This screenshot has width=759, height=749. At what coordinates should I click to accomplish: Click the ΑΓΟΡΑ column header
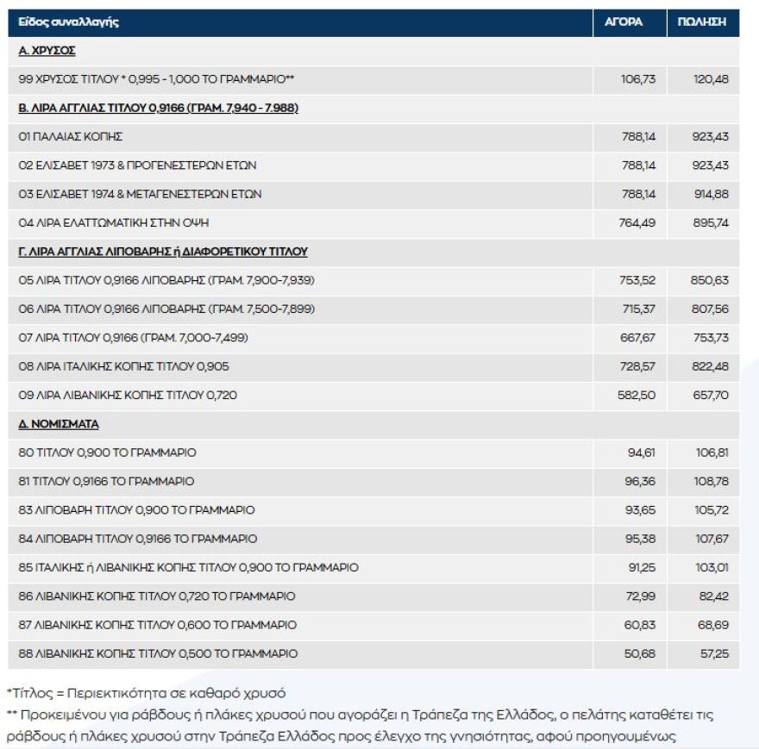click(630, 22)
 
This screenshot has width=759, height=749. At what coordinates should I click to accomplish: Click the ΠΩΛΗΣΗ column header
click(703, 22)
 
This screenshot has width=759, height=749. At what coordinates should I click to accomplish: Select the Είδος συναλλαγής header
click(69, 22)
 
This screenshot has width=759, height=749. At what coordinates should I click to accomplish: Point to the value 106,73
click(638, 79)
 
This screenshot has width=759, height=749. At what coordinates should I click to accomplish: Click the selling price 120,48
click(711, 79)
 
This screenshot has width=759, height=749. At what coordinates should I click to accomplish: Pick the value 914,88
click(711, 195)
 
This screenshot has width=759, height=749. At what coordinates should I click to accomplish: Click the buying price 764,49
click(638, 223)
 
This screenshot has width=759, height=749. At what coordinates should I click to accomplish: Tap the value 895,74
click(711, 223)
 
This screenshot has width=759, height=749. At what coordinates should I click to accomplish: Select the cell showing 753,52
click(638, 281)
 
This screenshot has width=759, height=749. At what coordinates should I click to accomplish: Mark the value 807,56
click(711, 309)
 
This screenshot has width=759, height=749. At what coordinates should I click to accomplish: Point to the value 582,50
click(638, 396)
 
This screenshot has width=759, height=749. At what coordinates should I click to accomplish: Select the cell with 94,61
click(641, 453)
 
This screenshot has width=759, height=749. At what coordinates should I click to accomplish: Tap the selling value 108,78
click(711, 481)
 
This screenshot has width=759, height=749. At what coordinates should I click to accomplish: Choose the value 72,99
click(641, 596)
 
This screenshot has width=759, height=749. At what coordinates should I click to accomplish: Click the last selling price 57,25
click(713, 654)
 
